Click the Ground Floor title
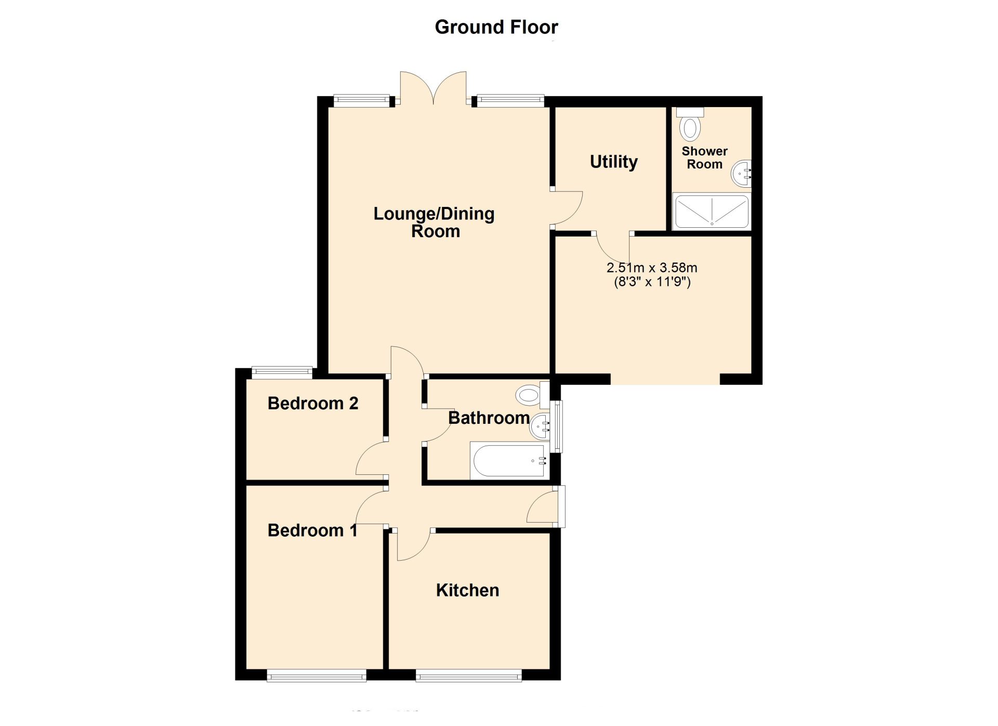[x=496, y=27]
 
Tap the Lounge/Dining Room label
[x=434, y=222]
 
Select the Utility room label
[x=613, y=162]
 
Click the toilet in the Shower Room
[x=690, y=126]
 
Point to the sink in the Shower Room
[x=742, y=173]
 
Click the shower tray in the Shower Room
[x=711, y=212]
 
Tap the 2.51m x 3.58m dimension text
[x=652, y=268]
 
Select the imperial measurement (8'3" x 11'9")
[x=652, y=282]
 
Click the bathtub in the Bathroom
[x=508, y=460]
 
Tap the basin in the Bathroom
[x=540, y=426]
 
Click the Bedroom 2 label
[x=312, y=404]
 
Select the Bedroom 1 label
[x=312, y=530]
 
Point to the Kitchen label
[x=467, y=590]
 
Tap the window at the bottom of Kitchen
[x=468, y=676]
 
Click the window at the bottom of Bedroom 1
[x=316, y=676]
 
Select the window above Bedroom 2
[x=282, y=372]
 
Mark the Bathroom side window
[x=557, y=426]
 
